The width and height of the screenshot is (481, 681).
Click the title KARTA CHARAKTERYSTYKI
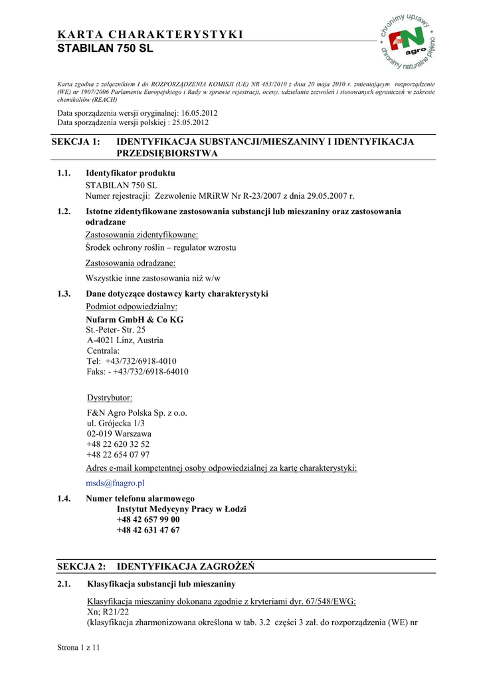150,35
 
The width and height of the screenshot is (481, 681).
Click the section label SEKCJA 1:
78,142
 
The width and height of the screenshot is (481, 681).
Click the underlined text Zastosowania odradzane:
130,263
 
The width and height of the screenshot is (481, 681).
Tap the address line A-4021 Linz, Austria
124,340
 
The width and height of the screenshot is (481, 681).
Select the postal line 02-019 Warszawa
119,434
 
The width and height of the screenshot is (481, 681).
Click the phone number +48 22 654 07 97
118,455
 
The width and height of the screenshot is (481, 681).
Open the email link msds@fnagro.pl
115,483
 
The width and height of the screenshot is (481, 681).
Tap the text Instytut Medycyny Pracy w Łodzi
181,509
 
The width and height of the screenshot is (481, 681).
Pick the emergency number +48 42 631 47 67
148,530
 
